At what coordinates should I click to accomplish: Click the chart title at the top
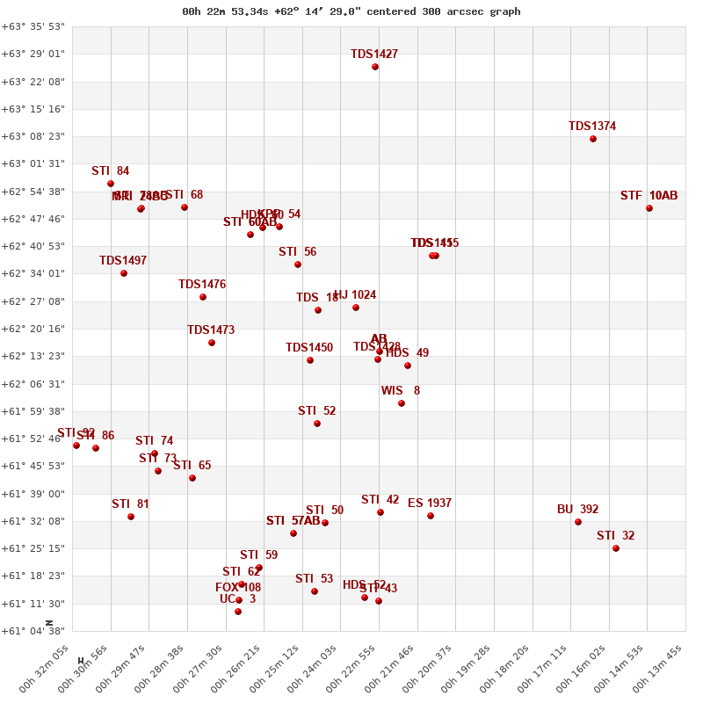(x=351, y=11)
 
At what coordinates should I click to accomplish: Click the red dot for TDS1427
(x=375, y=67)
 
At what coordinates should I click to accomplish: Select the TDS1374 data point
(x=593, y=139)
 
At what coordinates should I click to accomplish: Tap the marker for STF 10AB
(x=649, y=208)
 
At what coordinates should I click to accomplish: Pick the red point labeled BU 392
(x=578, y=522)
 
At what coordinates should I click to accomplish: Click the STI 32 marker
(x=616, y=548)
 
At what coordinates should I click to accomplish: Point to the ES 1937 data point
(x=431, y=516)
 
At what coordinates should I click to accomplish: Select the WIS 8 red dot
(x=402, y=403)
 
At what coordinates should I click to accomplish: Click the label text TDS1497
(x=123, y=261)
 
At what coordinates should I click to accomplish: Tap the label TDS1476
(x=202, y=285)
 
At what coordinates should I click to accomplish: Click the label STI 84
(x=111, y=171)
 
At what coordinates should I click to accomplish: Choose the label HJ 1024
(x=355, y=295)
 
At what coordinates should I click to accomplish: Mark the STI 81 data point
(x=131, y=517)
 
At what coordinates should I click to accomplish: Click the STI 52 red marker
(x=317, y=424)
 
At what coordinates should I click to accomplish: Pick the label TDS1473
(x=211, y=330)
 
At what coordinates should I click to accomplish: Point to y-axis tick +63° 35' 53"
(x=33, y=26)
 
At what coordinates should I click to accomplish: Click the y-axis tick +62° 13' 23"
(x=33, y=356)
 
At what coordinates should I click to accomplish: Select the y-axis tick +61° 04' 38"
(x=33, y=631)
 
